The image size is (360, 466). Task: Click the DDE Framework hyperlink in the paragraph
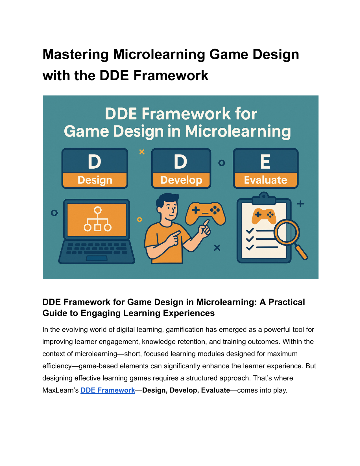(108, 390)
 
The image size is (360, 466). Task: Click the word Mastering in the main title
(75, 55)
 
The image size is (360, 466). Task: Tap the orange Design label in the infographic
(95, 180)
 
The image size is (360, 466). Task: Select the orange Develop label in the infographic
(181, 180)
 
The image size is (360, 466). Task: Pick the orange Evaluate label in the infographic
(265, 180)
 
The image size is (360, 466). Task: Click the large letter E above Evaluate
(265, 162)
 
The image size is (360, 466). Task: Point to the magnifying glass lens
(287, 232)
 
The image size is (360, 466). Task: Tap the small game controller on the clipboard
(264, 216)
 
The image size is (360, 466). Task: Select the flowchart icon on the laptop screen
(98, 219)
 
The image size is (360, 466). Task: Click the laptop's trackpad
(97, 258)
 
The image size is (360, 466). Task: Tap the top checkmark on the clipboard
(250, 231)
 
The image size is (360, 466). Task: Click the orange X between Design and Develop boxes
(142, 152)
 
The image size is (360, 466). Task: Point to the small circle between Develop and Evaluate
(221, 163)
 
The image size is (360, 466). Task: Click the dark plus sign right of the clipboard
(300, 204)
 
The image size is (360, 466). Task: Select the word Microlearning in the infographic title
(238, 131)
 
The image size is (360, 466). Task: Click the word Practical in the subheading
(287, 302)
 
